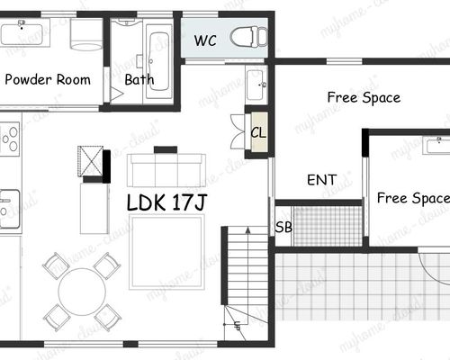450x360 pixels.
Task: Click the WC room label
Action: point(205,40)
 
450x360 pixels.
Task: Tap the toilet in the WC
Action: point(248,37)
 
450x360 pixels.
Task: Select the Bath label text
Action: point(139,79)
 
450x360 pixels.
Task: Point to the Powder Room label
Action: point(48,79)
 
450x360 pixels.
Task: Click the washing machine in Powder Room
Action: point(86,34)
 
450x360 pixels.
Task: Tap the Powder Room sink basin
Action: point(22,34)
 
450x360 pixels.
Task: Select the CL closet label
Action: point(258,132)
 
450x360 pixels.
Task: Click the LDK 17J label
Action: point(166,202)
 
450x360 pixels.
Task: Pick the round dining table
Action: point(82,292)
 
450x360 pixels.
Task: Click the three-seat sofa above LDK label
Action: point(166,170)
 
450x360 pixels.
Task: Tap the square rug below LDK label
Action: point(166,252)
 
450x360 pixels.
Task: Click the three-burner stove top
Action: point(10,139)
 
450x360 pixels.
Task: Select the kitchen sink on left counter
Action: point(9,209)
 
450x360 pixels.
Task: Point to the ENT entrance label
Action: point(321,180)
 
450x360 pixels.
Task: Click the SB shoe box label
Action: point(283,227)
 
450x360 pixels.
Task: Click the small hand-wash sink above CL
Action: point(256,85)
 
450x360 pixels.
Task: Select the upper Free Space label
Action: point(364,98)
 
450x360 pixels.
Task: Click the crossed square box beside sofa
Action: point(90,160)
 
